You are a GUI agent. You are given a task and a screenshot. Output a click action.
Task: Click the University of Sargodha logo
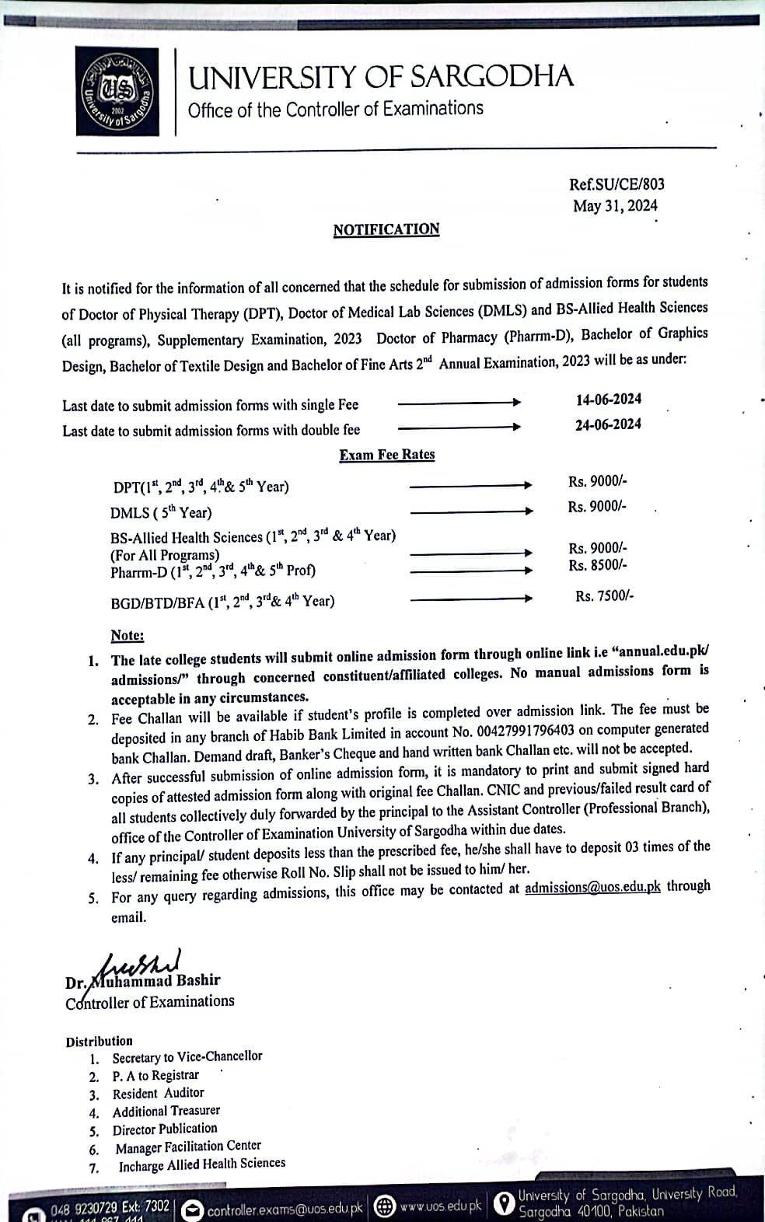(117, 91)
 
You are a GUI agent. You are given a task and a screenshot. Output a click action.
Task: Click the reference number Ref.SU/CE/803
(617, 184)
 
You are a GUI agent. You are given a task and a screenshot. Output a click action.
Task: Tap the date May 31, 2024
(615, 206)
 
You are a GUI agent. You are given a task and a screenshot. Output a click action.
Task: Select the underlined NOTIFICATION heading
(386, 229)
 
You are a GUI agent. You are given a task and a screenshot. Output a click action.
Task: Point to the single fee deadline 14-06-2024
(608, 400)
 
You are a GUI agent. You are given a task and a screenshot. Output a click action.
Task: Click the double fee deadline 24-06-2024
(608, 424)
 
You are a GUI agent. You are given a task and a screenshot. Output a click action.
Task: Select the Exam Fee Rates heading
(386, 455)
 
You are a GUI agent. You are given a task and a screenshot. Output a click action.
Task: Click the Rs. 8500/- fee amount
(597, 565)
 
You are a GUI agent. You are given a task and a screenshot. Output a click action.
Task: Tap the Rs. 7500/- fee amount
(604, 596)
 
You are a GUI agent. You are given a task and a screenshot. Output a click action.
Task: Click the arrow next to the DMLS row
(471, 511)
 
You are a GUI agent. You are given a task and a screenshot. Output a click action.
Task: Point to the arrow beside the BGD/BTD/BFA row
(471, 599)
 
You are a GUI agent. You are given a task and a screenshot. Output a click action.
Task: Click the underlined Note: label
(127, 635)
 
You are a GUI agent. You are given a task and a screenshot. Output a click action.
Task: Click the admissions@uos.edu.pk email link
(592, 887)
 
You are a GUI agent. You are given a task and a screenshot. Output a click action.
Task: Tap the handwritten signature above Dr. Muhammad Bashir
(140, 965)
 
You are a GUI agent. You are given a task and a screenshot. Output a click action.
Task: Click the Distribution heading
(99, 1041)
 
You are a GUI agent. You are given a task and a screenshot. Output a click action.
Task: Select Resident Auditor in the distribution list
(158, 1093)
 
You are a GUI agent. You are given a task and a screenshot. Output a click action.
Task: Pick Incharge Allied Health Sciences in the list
(201, 1164)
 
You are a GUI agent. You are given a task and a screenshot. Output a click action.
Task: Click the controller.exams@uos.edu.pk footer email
(285, 1209)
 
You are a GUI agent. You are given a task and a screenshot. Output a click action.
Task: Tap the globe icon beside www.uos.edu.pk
(384, 1206)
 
